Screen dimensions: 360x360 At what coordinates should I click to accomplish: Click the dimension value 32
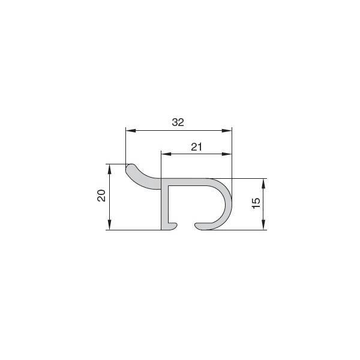178,122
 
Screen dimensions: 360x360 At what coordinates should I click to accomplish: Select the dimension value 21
197,147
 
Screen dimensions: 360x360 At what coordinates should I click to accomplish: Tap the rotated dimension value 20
101,196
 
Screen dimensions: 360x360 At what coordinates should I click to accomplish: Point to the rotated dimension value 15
256,203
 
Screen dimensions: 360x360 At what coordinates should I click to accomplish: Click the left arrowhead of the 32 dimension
131,131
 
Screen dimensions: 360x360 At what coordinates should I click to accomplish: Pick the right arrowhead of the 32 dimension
227,131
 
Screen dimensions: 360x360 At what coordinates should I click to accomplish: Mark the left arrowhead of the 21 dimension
166,154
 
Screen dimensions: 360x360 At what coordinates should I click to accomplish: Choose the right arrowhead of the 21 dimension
227,154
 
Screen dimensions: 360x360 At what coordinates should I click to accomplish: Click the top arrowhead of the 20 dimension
110,169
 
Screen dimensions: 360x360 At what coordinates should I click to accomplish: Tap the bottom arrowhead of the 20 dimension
110,225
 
